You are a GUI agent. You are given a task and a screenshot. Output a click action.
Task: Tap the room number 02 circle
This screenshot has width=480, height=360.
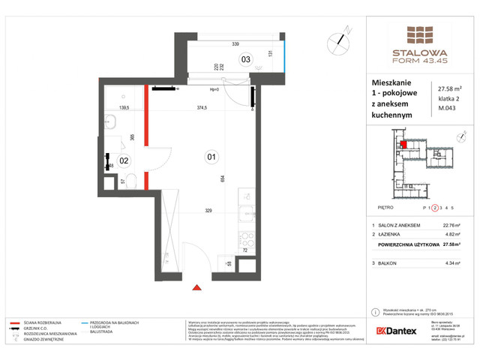124,159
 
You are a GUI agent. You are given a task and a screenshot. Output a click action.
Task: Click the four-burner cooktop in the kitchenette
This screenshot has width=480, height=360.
246,241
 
